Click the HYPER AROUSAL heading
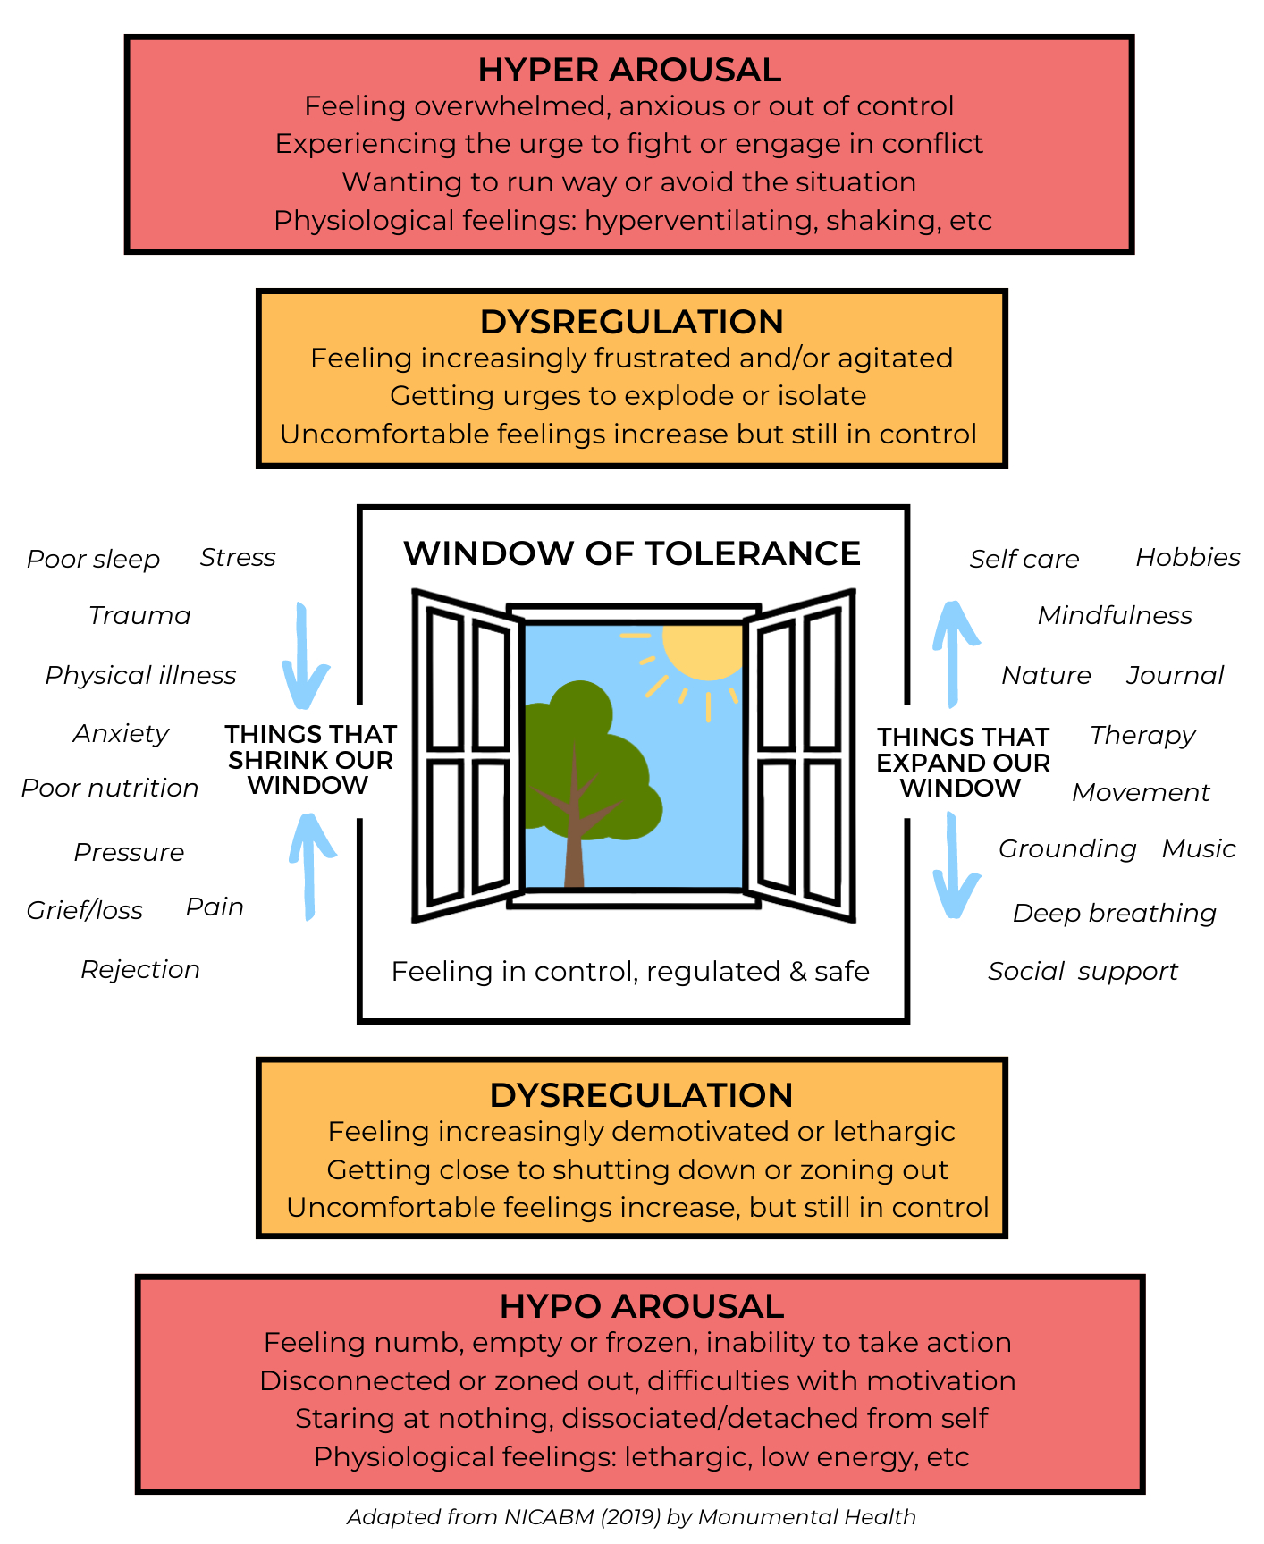pos(629,70)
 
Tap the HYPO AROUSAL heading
pos(641,1306)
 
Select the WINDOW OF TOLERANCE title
pos(631,553)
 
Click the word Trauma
pos(139,616)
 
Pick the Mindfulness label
pos(1114,616)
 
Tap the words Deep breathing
pos(1114,914)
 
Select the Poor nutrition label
pos(109,789)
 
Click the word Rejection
pos(139,970)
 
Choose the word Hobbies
pos(1187,558)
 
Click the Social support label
pos(1083,972)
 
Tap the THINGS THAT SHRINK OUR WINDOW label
pos(309,760)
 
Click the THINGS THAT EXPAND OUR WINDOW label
pos(962,763)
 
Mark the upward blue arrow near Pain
pos(309,863)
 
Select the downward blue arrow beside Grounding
pos(955,867)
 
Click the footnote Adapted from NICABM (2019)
pos(631,1517)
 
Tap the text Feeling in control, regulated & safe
pos(630,972)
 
